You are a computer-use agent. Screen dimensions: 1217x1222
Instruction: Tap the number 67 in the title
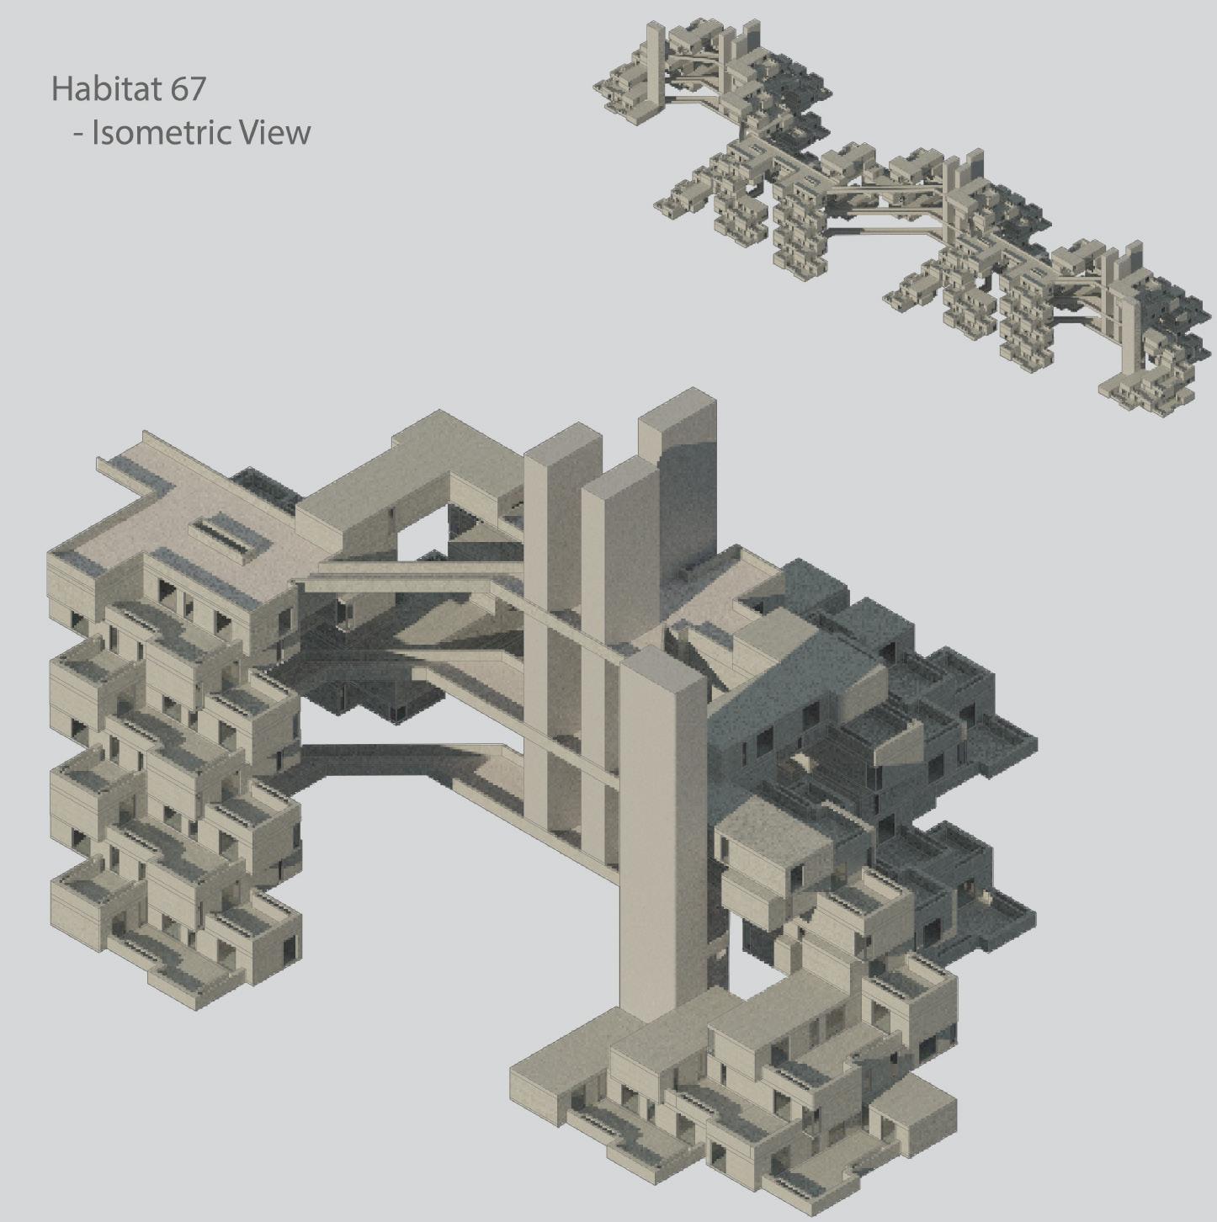click(x=187, y=88)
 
